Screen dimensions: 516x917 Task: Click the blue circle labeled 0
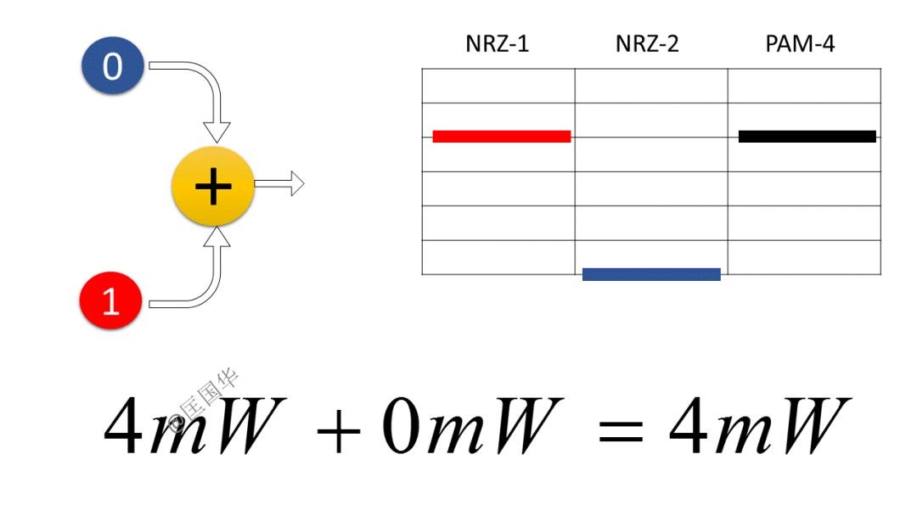click(112, 65)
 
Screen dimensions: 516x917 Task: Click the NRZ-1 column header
click(497, 44)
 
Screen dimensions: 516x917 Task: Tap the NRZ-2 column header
click(647, 44)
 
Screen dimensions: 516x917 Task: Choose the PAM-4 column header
click(800, 44)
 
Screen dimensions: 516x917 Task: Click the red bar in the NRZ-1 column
click(501, 136)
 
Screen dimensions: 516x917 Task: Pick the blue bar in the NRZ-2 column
click(651, 274)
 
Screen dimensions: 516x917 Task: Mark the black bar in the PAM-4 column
click(807, 136)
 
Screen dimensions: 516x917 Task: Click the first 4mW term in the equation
click(191, 426)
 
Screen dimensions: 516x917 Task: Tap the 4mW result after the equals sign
click(760, 426)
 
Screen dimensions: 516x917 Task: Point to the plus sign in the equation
click(339, 429)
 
